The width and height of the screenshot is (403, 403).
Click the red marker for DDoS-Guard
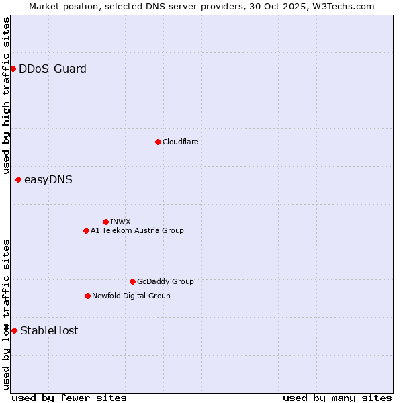pyautogui.click(x=13, y=69)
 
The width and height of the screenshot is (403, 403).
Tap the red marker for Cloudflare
pyautogui.click(x=158, y=142)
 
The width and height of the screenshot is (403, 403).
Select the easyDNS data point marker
pyautogui.click(x=18, y=179)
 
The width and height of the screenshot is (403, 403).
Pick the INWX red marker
pyautogui.click(x=105, y=222)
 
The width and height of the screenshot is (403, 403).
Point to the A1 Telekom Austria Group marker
pyautogui.click(x=86, y=230)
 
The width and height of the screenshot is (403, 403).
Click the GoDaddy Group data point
pyautogui.click(x=132, y=281)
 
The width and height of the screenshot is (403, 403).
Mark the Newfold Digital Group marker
pyautogui.click(x=87, y=296)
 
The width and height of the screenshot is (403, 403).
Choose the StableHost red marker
pyautogui.click(x=14, y=330)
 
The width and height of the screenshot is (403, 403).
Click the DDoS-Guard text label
pyautogui.click(x=52, y=69)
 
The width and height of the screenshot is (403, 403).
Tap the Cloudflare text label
pyautogui.click(x=180, y=142)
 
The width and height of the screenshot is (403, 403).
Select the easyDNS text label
pyautogui.click(x=48, y=179)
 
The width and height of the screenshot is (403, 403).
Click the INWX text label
pyautogui.click(x=120, y=222)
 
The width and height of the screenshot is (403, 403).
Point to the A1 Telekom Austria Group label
pyautogui.click(x=137, y=230)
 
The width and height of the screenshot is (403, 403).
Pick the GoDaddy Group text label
pyautogui.click(x=165, y=281)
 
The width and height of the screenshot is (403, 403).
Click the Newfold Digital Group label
pyautogui.click(x=131, y=296)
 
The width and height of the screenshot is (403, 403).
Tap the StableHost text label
pyautogui.click(x=49, y=330)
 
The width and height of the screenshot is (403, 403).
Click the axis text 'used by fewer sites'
pyautogui.click(x=69, y=398)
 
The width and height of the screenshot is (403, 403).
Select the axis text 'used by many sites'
pyautogui.click(x=337, y=398)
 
